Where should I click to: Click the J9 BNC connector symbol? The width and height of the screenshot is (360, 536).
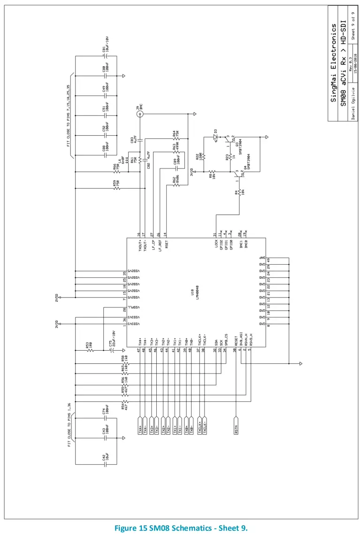click(x=139, y=114)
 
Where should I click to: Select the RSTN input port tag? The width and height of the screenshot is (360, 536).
click(x=236, y=426)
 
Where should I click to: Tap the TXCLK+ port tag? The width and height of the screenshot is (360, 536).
click(x=200, y=426)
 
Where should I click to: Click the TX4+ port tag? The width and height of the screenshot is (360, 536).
click(x=140, y=426)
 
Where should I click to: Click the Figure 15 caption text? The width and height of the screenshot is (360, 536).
click(x=181, y=528)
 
